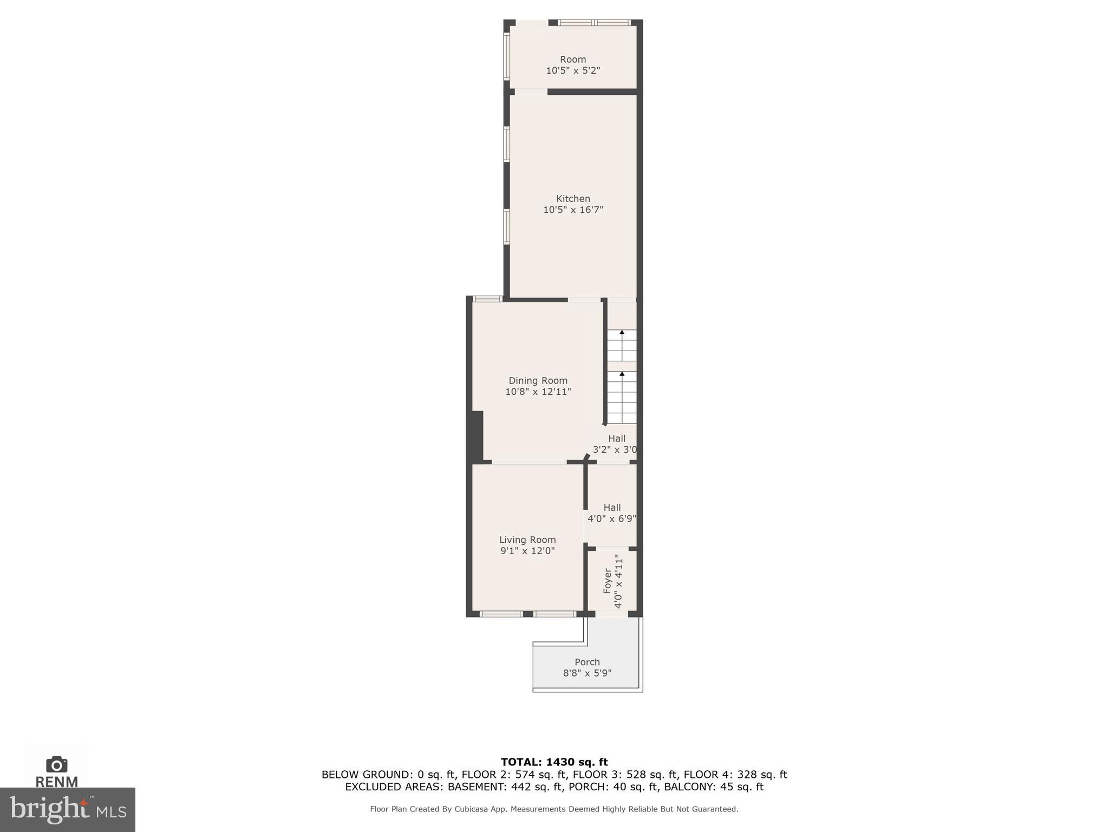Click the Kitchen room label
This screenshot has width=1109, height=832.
573,199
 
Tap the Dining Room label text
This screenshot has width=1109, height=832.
538,381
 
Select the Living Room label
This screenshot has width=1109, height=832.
527,539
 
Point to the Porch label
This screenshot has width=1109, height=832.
587,662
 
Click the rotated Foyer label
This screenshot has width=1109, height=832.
608,580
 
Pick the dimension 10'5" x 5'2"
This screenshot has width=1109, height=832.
573,70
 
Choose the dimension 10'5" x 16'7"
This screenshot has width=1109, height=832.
573,210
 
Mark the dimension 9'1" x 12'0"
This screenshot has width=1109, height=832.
527,551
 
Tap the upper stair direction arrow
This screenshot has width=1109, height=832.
622,332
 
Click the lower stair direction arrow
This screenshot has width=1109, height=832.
622,374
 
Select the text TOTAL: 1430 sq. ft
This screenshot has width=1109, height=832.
554,762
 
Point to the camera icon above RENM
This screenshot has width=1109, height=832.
56,765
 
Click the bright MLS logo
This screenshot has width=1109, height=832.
67,810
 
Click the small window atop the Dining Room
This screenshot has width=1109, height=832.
487,298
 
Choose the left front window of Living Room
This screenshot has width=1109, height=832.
501,614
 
